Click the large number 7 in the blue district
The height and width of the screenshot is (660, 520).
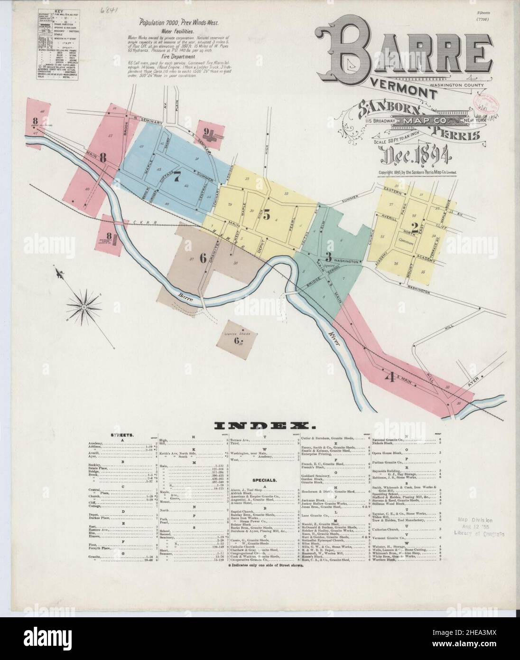pyautogui.click(x=177, y=177)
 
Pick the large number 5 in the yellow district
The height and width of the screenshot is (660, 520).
pyautogui.click(x=267, y=215)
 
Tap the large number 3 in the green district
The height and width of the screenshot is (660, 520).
pyautogui.click(x=328, y=257)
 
